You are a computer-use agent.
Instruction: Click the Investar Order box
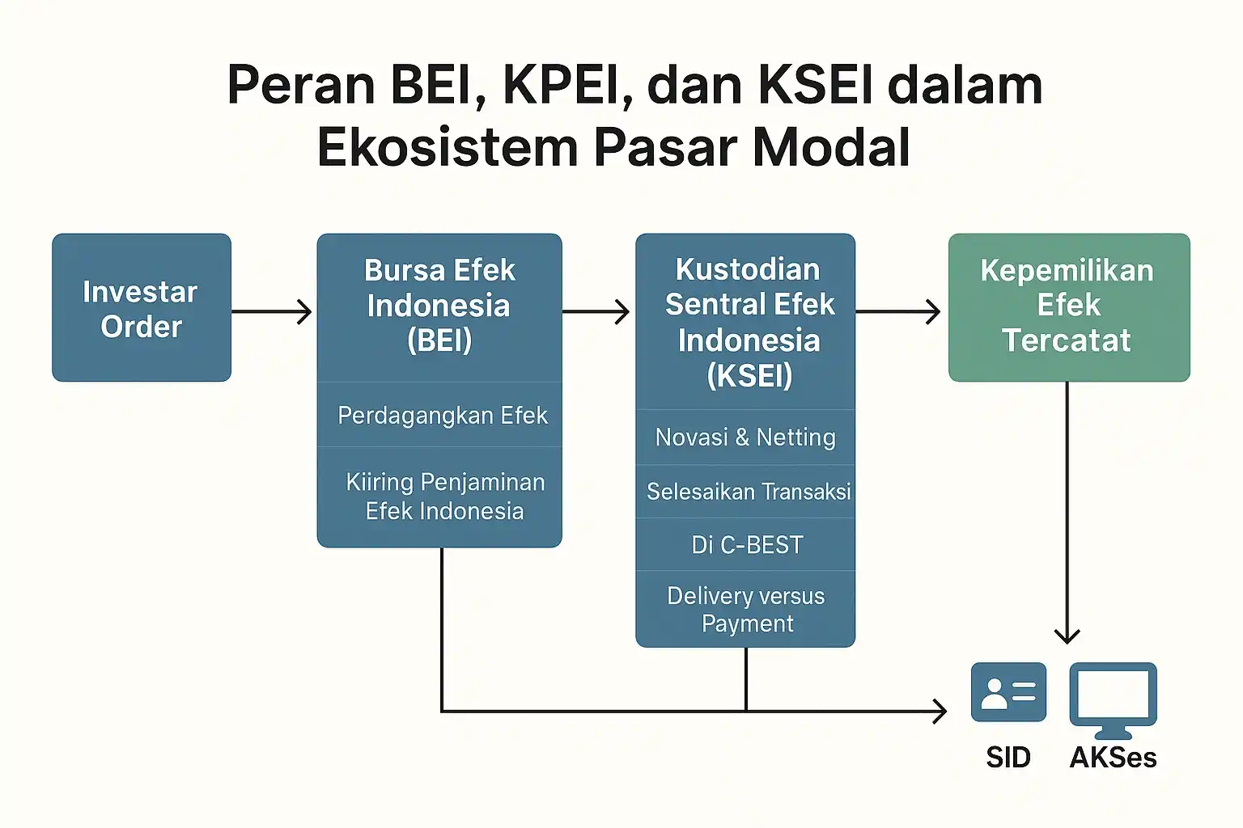coord(142,308)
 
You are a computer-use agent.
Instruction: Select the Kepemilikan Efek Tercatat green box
coord(1068,306)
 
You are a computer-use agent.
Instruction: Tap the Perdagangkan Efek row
coord(442,416)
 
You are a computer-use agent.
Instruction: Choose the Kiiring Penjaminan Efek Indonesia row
coord(443,496)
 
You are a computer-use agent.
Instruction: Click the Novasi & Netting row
coord(745,437)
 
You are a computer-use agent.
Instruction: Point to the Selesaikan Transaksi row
coord(748,492)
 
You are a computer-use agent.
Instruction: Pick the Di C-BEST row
coord(747,545)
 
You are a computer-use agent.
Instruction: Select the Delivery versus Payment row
coord(746,610)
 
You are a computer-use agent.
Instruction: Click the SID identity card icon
coord(1008,692)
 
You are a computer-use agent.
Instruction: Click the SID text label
coord(1008,758)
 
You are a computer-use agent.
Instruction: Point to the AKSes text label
coord(1114,758)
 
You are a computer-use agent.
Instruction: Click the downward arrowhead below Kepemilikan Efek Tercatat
coord(1067,635)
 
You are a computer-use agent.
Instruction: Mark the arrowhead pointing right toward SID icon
coord(939,712)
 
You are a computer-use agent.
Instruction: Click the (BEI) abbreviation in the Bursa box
coord(439,340)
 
